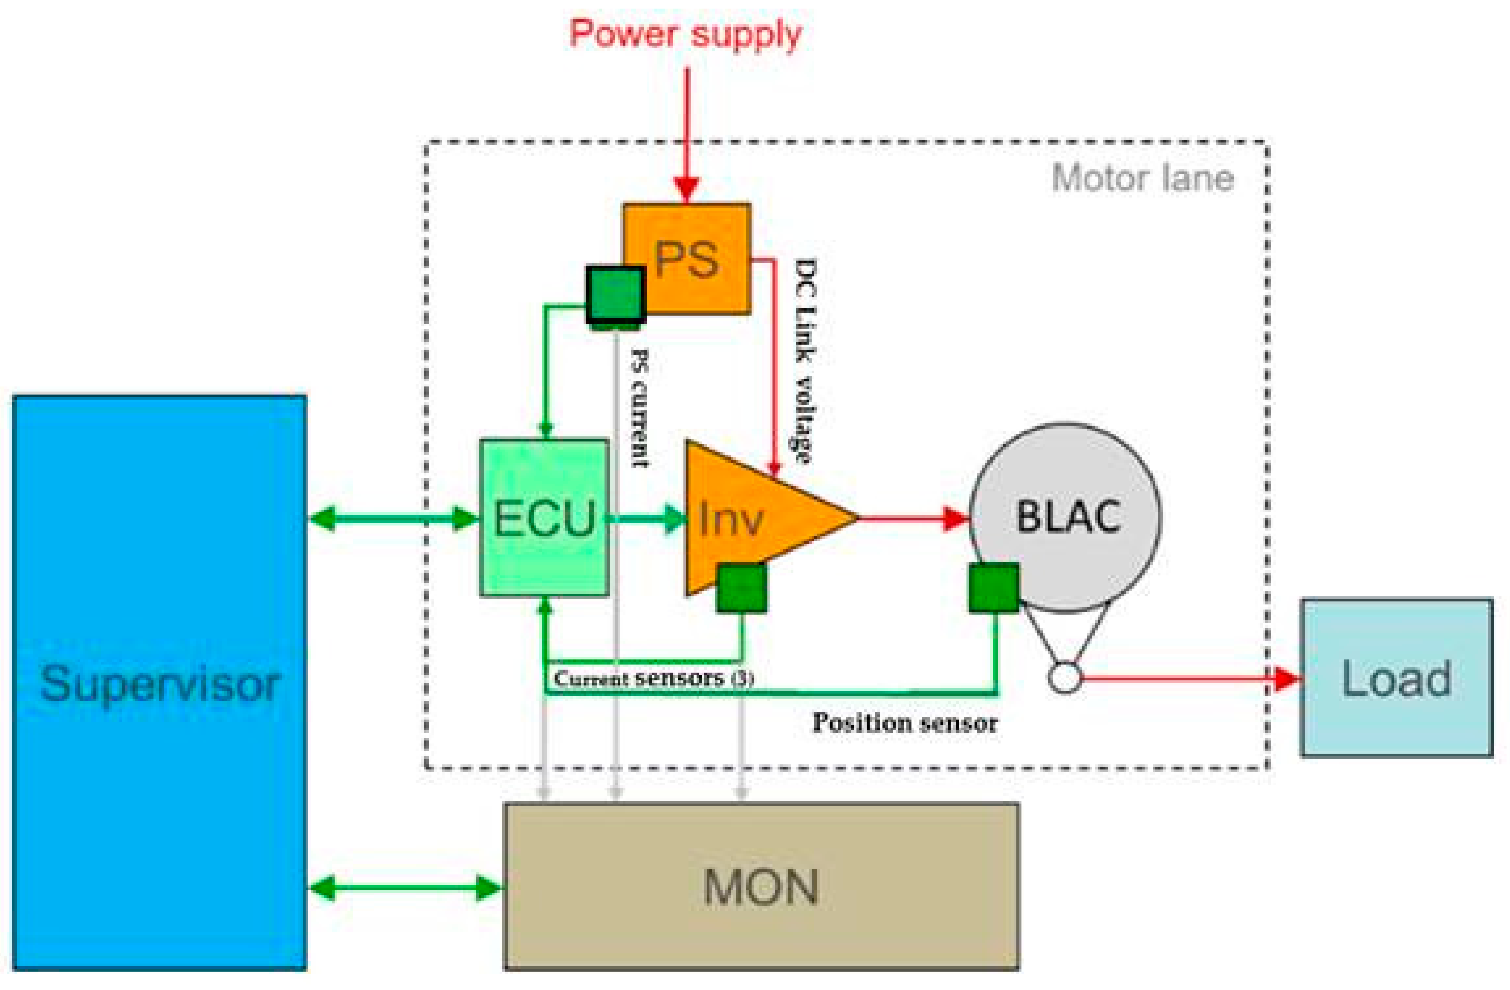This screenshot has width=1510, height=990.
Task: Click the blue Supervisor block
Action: coord(159,682)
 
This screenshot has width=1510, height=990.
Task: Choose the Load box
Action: coord(1396,678)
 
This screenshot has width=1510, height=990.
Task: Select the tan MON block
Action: coord(761,885)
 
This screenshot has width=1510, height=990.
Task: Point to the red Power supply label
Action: coord(685,33)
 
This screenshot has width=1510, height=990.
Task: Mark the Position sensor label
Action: coord(905,722)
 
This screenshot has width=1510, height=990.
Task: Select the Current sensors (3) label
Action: coord(654,678)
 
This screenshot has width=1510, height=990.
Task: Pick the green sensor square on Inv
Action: coord(741,588)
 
